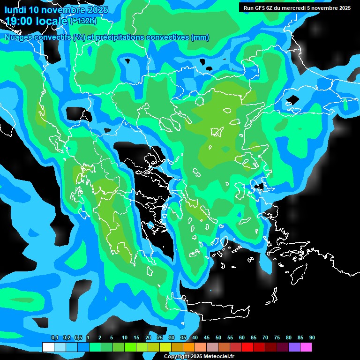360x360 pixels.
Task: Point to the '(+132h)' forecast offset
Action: pos(83,21)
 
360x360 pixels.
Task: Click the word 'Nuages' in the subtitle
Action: pos(19,37)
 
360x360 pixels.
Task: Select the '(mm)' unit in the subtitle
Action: pos(200,37)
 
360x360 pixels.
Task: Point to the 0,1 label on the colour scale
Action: pos(55,338)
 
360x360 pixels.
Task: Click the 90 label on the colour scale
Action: pos(312,338)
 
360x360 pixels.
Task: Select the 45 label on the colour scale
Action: pos(207,338)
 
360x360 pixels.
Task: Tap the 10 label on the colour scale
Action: pos(125,338)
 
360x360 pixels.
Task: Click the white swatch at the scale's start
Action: pos(48,347)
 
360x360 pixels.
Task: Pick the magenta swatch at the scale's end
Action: pos(306,347)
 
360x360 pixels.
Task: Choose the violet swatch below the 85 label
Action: pos(294,347)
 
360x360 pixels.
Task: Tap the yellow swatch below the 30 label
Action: pos(165,347)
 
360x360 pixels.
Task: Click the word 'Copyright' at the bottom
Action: pos(177,357)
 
